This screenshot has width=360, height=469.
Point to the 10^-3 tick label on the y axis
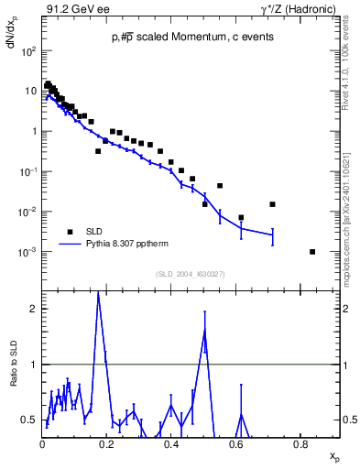(x=28, y=252)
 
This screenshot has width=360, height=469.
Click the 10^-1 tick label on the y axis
(x=28, y=172)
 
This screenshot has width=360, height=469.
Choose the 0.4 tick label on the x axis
(x=171, y=446)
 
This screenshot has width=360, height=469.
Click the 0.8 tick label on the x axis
(x=300, y=446)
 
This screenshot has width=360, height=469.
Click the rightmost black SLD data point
(x=312, y=252)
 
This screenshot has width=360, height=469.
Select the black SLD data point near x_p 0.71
(x=272, y=204)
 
